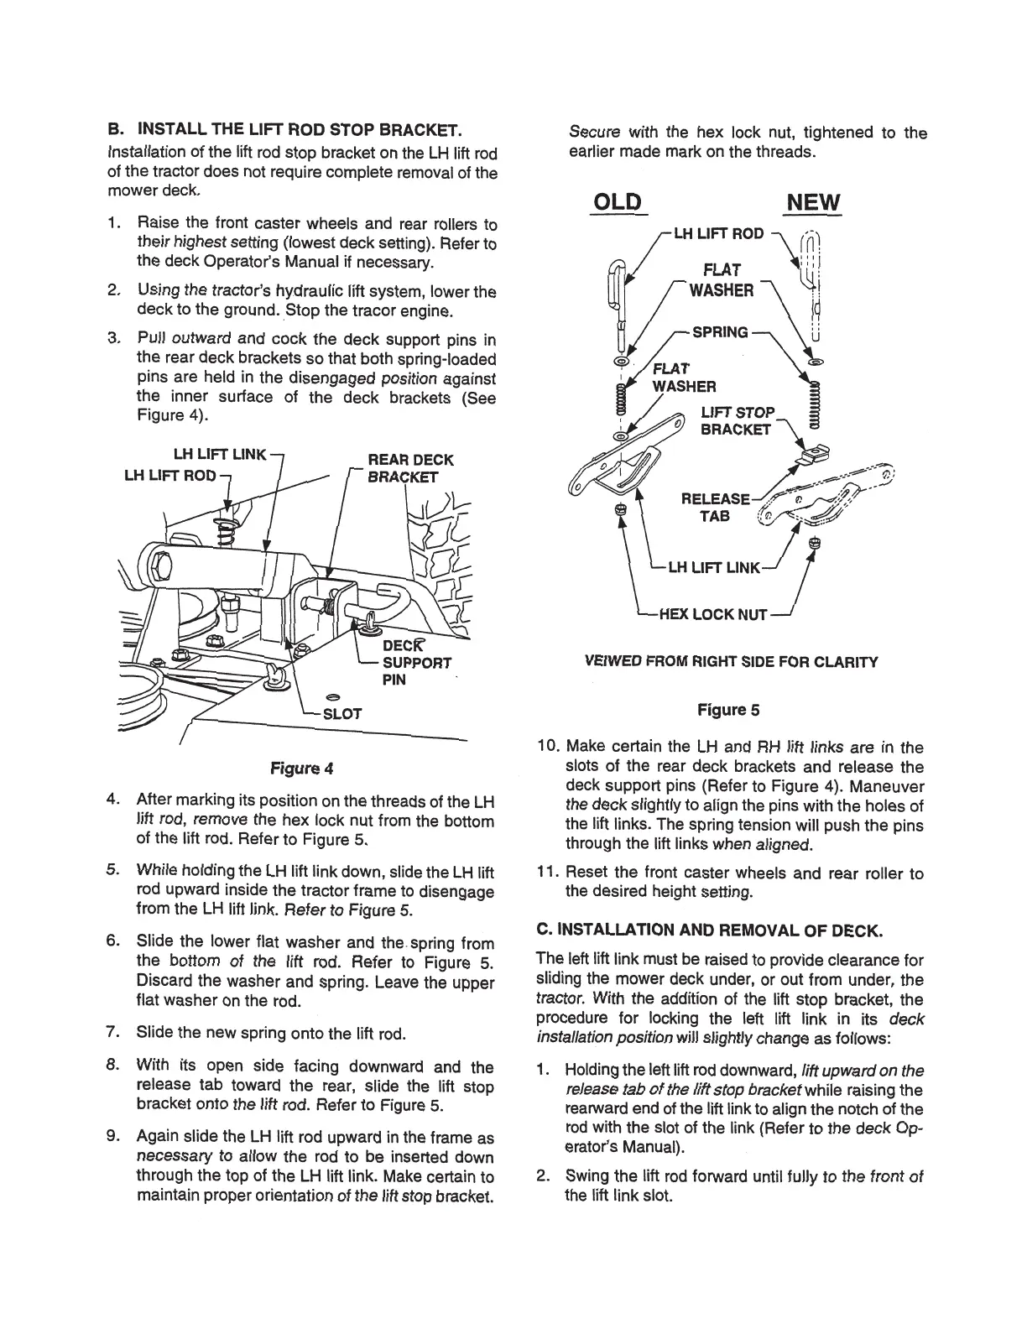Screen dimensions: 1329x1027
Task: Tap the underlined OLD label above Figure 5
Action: [617, 203]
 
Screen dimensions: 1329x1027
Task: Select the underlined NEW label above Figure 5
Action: [813, 203]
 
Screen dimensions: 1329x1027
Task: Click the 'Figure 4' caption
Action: [300, 768]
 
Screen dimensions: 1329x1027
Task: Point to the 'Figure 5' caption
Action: [728, 710]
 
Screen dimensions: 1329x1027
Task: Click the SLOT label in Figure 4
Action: [342, 714]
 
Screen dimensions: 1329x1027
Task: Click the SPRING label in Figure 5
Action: [719, 332]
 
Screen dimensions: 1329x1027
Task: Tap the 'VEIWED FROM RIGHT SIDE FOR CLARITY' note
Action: [730, 662]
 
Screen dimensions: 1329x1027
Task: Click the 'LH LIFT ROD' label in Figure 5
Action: [718, 233]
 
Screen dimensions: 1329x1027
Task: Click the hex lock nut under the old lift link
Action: [620, 510]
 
